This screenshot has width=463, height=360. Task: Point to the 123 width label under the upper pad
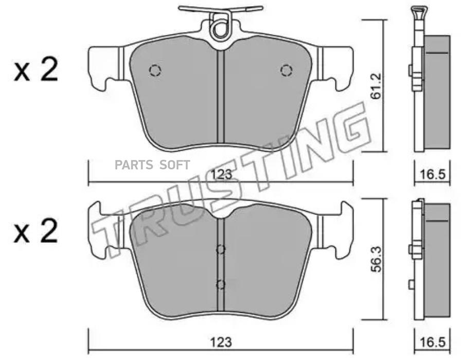221,174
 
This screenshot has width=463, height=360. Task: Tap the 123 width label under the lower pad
221,343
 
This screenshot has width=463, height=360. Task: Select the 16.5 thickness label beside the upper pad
432,174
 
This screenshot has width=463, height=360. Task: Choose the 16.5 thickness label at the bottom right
432,343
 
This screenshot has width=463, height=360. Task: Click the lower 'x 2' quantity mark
35,231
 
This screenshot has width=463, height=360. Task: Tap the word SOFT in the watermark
174,165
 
